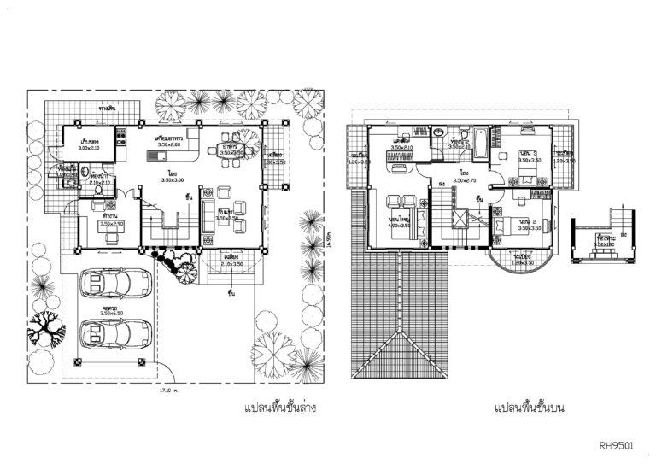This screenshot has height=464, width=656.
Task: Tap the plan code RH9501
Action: (x=616, y=444)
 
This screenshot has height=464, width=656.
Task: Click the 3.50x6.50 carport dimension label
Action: (x=112, y=314)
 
